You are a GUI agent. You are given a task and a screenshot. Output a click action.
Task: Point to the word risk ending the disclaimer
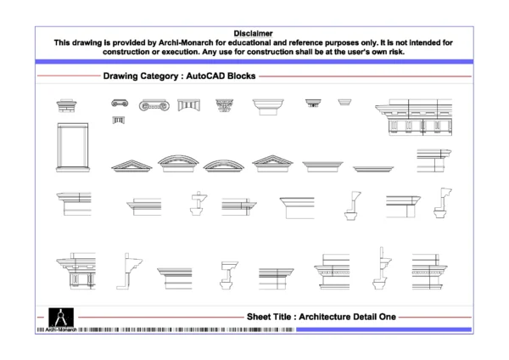(x=396, y=51)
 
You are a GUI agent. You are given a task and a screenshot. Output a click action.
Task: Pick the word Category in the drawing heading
(x=161, y=76)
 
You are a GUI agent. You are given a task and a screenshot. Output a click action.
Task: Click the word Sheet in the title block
(x=259, y=317)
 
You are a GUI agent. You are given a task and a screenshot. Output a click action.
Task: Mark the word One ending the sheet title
(x=389, y=317)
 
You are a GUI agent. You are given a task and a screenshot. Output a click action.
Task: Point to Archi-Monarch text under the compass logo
(x=60, y=329)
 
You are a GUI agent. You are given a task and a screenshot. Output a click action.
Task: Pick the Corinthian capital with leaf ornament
(x=225, y=105)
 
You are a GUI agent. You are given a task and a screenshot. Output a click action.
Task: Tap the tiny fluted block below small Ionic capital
(x=118, y=121)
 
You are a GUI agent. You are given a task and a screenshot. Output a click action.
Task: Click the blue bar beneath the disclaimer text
(x=255, y=61)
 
